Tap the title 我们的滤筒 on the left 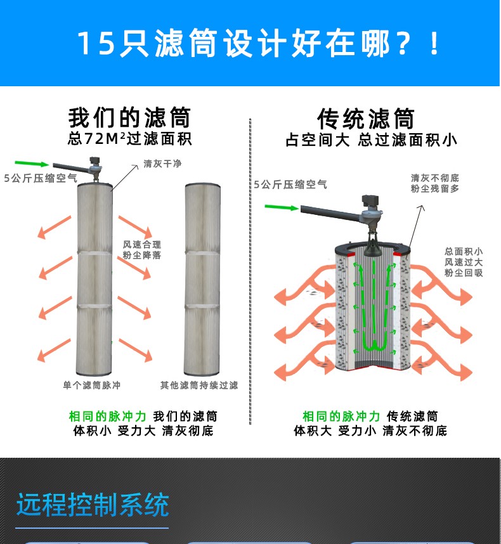129,118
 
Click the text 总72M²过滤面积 129,138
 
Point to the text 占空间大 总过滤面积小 371,139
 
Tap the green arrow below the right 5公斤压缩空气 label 281,207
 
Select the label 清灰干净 162,164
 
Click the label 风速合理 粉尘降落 142,250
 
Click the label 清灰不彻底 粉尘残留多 434,183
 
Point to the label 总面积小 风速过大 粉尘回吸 464,262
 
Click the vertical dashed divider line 251,273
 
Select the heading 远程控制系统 93,505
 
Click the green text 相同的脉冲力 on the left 107,417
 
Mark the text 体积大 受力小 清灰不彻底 370,431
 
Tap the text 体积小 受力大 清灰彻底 143,431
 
